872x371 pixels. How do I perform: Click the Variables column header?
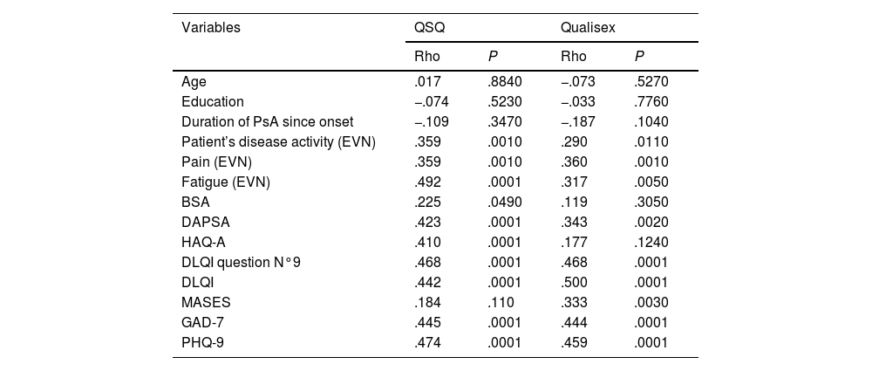211,28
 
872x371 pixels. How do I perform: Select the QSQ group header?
430,29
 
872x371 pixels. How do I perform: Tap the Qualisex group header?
588,28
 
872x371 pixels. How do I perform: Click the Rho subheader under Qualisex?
574,56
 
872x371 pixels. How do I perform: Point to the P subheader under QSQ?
493,56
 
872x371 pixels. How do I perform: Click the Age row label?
194,82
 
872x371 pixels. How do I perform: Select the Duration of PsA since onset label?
268,121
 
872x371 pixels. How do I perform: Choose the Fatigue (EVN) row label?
226,182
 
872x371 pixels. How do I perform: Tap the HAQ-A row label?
203,243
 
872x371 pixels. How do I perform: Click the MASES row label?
206,303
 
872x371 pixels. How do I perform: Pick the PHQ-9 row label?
202,342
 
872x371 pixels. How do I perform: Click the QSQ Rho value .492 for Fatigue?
427,182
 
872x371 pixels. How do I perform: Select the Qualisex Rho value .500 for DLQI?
574,283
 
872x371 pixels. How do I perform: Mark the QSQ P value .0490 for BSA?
505,203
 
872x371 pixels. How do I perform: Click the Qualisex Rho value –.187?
578,121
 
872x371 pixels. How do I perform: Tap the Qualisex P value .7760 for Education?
651,102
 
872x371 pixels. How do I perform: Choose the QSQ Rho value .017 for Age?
427,82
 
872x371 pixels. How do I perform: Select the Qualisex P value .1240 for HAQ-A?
651,243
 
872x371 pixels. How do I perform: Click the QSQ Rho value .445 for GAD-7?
427,322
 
